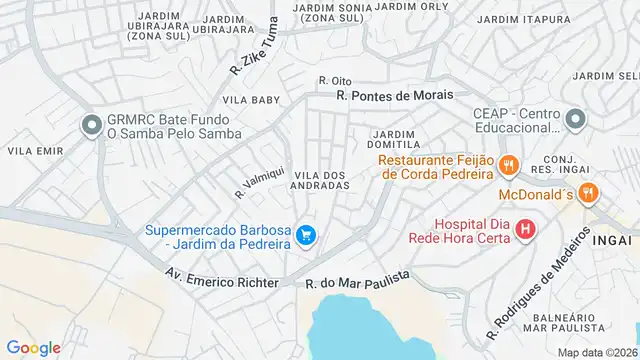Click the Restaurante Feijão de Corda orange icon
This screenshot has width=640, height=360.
pos(508,165)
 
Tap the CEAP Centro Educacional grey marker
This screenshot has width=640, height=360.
pos(574,121)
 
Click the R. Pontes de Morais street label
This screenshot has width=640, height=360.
pos(394,94)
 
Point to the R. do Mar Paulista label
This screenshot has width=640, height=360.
pos(358,283)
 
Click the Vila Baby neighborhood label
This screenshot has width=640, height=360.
pos(251,100)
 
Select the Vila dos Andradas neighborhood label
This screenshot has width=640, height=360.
pos(320,180)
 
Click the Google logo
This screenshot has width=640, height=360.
pos(33,347)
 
